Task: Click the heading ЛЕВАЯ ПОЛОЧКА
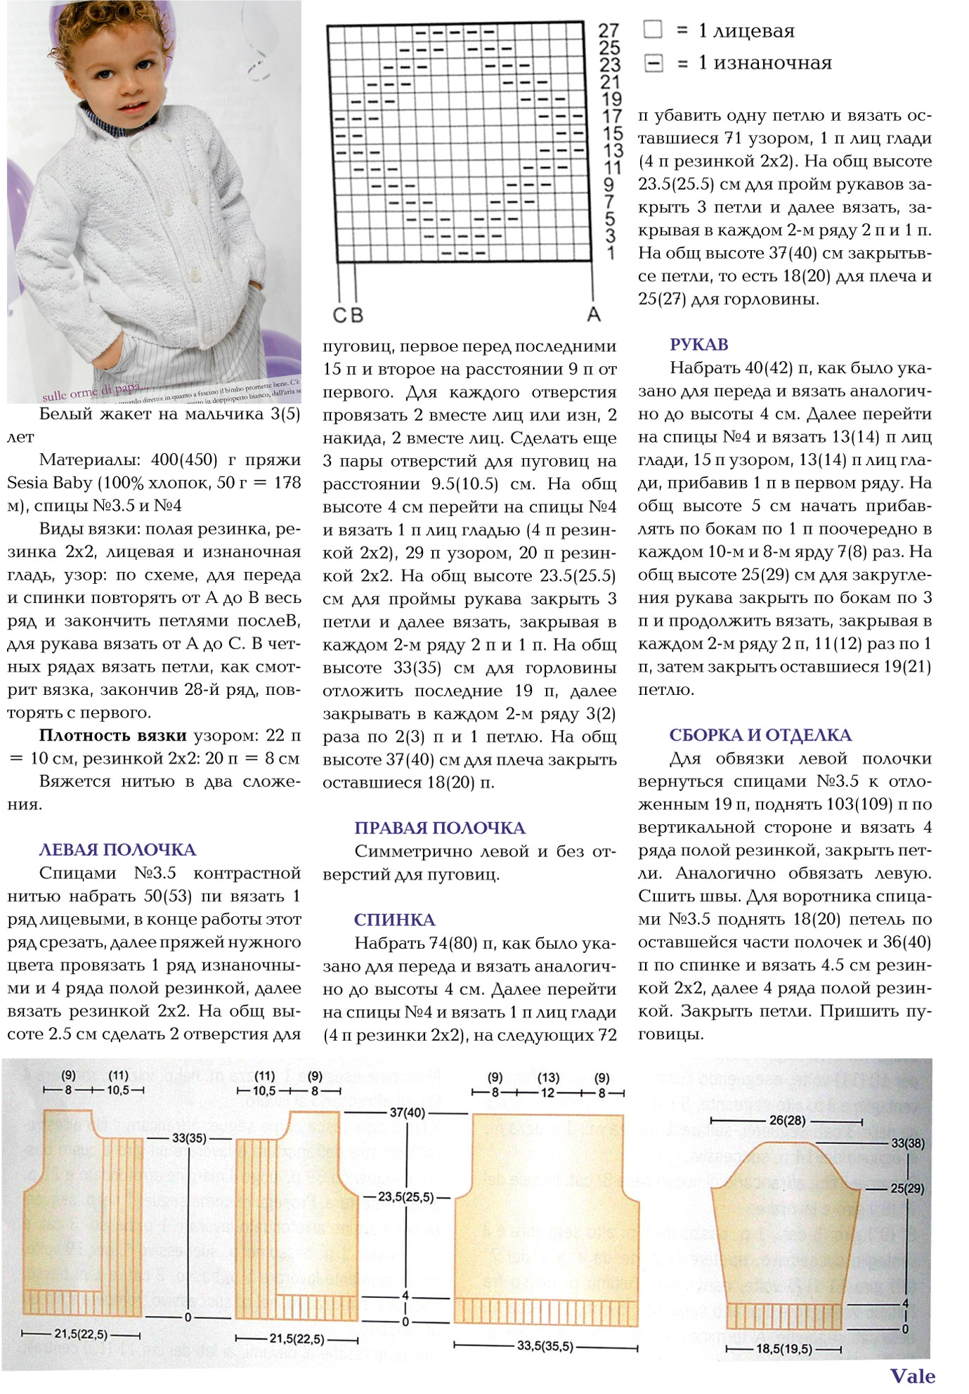tap(117, 850)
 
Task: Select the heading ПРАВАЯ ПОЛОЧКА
tap(440, 828)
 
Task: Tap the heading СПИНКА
tap(395, 920)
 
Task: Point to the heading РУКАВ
tap(699, 345)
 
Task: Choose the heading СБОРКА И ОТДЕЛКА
tap(760, 736)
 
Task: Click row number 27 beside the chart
tap(609, 31)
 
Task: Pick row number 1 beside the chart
tap(611, 253)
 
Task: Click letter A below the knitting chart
tap(594, 315)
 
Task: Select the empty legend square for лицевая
tap(653, 30)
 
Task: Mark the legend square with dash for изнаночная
tap(653, 63)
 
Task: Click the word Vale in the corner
tap(913, 1376)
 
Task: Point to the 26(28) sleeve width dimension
tap(787, 1121)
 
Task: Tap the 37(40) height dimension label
tap(408, 1113)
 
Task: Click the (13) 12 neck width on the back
tap(548, 1086)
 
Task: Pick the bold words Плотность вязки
tap(112, 736)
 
